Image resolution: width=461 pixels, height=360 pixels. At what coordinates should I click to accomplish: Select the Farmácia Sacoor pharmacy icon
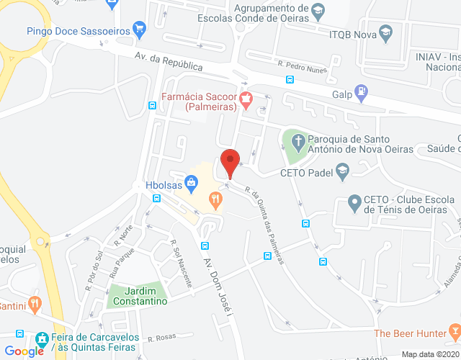tap(246, 100)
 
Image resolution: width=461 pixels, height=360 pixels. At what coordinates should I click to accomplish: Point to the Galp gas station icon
tap(361, 94)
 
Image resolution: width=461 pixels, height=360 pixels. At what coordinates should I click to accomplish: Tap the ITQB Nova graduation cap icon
tap(387, 33)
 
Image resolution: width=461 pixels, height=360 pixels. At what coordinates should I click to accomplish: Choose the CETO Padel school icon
tap(342, 171)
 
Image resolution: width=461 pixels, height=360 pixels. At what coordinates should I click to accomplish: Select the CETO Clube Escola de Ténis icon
tap(354, 204)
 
